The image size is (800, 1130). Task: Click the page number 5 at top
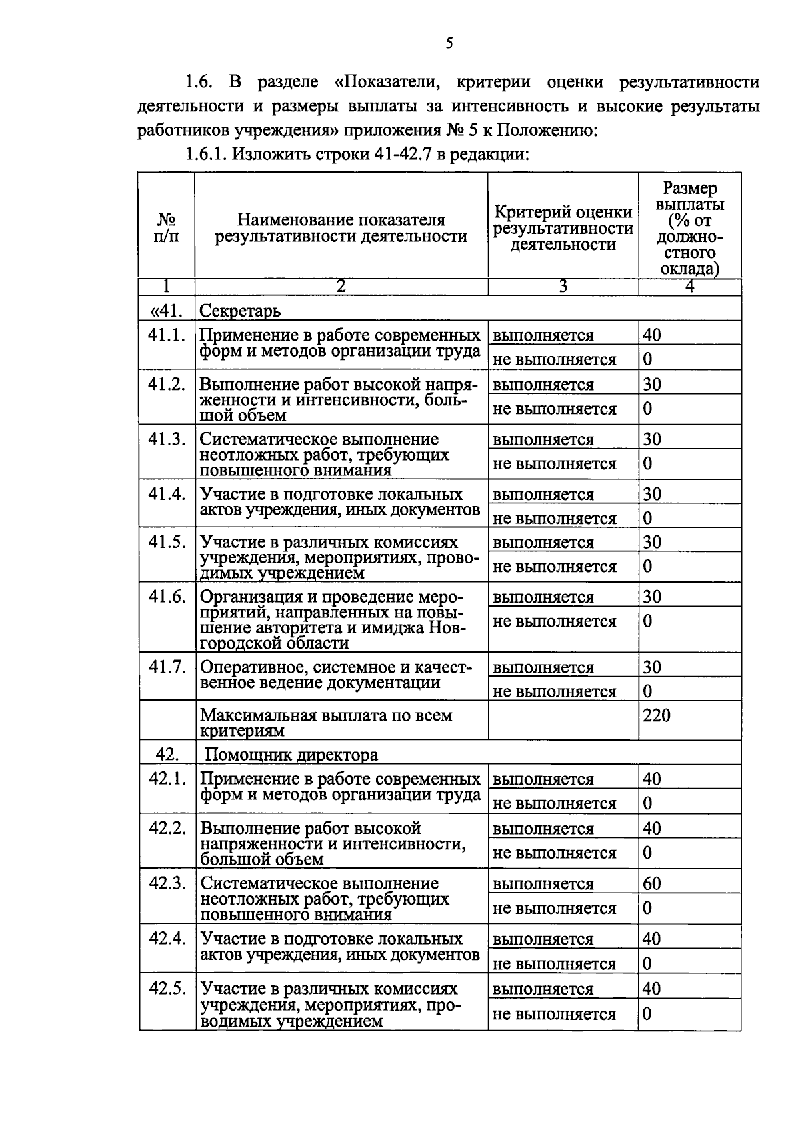[449, 44]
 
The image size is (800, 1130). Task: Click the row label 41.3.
[167, 440]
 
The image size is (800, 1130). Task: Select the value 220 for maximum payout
[656, 716]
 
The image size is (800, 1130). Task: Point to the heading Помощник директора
[291, 755]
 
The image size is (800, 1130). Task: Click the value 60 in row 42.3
[651, 884]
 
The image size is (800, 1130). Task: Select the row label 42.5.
[167, 988]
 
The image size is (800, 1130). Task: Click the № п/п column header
[167, 227]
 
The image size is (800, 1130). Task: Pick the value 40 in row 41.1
[651, 335]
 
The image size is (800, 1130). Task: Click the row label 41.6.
[167, 597]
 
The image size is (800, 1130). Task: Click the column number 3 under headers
[563, 287]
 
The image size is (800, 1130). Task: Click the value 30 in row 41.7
[651, 667]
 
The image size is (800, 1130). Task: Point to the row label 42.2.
[167, 829]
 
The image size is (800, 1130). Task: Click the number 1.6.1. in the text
[207, 155]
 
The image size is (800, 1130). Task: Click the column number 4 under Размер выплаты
[690, 287]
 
